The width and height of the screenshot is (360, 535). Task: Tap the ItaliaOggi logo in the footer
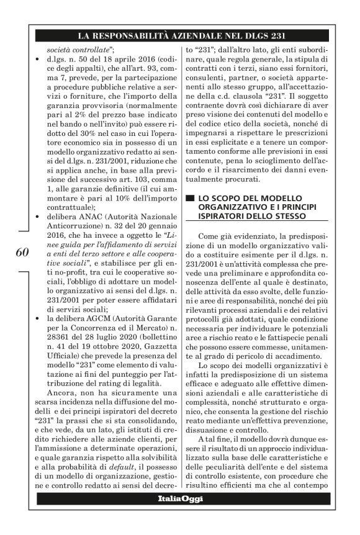point(180,500)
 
